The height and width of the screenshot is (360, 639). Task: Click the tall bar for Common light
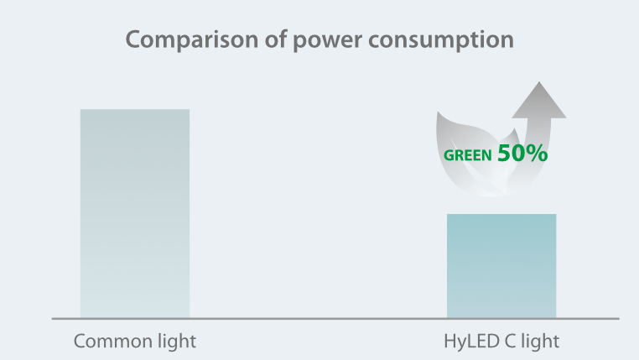click(135, 214)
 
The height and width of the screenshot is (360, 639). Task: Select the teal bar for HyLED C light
click(501, 266)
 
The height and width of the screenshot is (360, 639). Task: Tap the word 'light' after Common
click(174, 342)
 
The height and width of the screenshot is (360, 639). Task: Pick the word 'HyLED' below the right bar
click(470, 342)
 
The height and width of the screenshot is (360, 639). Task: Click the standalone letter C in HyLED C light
click(512, 342)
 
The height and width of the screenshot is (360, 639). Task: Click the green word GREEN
click(468, 155)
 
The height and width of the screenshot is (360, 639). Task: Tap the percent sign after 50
click(538, 153)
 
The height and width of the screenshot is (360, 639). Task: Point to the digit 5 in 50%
click(505, 153)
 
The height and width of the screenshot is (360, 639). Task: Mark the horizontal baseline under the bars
click(335, 319)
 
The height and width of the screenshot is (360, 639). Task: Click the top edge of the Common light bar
click(135, 110)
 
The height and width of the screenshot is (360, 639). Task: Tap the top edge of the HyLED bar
click(501, 215)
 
